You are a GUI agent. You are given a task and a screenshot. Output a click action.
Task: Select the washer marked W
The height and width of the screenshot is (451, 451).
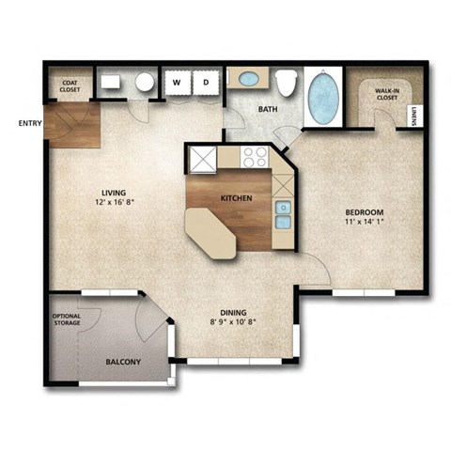(x=176, y=83)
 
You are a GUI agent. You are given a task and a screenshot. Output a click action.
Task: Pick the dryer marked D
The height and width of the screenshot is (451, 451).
(x=205, y=83)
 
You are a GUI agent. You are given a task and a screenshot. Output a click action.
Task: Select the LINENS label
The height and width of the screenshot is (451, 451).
(x=414, y=115)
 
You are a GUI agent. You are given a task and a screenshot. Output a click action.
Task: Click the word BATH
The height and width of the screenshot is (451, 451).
(x=269, y=108)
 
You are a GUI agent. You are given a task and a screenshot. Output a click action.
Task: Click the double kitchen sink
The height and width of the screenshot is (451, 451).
(x=283, y=214)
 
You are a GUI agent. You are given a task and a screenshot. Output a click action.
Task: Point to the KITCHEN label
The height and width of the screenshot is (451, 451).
(x=235, y=198)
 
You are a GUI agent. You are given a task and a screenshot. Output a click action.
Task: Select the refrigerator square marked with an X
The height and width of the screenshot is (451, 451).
(x=202, y=158)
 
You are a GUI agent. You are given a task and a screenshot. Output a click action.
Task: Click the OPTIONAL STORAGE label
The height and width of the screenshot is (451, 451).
(x=67, y=319)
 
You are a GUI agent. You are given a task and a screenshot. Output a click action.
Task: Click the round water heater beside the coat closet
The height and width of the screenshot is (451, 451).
(x=145, y=83)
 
